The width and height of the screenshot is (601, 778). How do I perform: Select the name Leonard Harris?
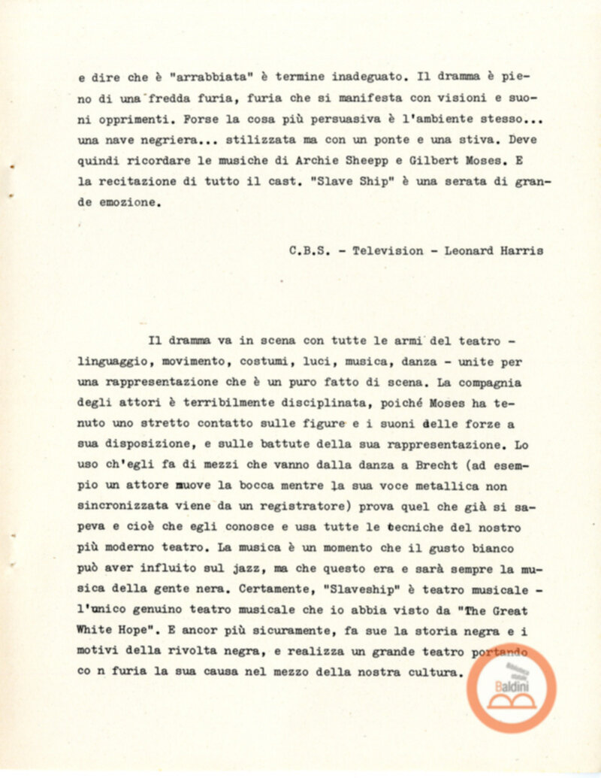click(494, 252)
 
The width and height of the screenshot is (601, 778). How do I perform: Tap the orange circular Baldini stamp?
click(511, 689)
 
